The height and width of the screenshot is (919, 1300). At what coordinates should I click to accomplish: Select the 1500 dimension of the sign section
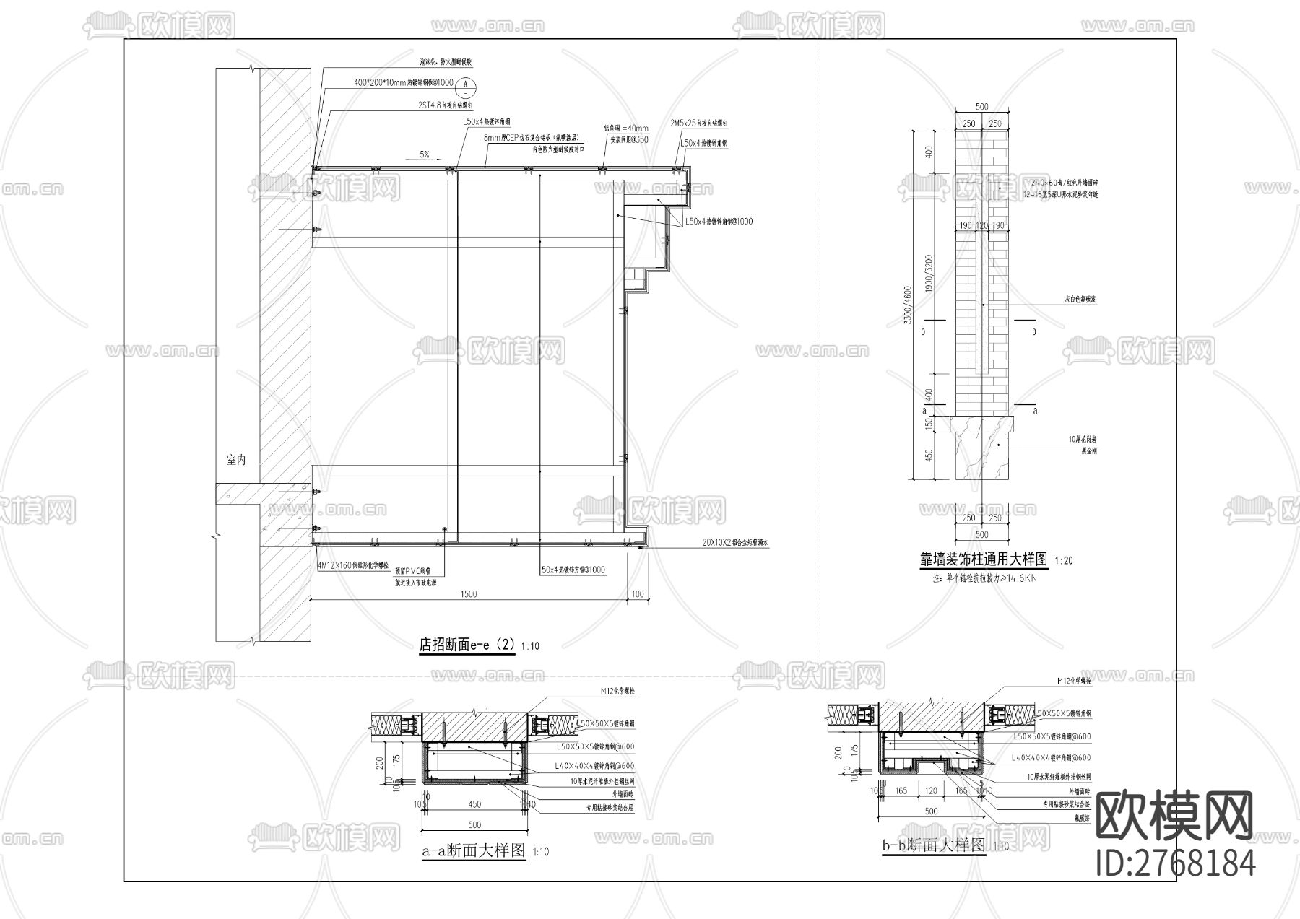click(468, 594)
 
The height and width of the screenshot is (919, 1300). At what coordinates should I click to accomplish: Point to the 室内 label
click(236, 459)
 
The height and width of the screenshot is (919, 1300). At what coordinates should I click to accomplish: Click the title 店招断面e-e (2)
click(467, 644)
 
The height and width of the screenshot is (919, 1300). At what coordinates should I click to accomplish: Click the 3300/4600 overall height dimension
click(908, 305)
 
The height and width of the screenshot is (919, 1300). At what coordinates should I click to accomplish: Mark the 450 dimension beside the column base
click(929, 456)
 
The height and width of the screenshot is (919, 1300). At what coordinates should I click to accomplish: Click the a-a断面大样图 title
click(474, 850)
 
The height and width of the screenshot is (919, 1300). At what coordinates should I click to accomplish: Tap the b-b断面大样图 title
click(934, 845)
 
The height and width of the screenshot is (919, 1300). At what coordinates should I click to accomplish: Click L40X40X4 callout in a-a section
click(594, 765)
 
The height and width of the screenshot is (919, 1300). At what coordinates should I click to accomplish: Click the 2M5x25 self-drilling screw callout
click(698, 124)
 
